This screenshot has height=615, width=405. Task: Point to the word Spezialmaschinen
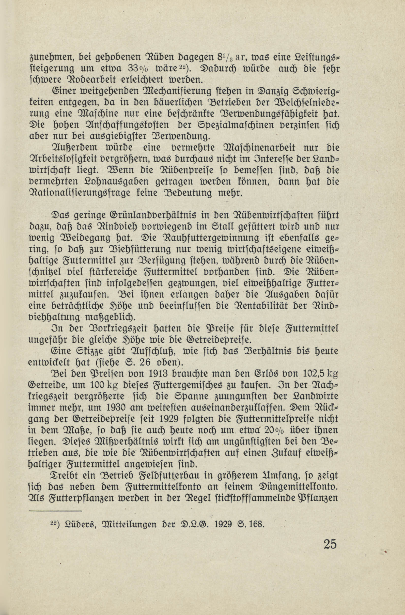coord(230,125)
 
